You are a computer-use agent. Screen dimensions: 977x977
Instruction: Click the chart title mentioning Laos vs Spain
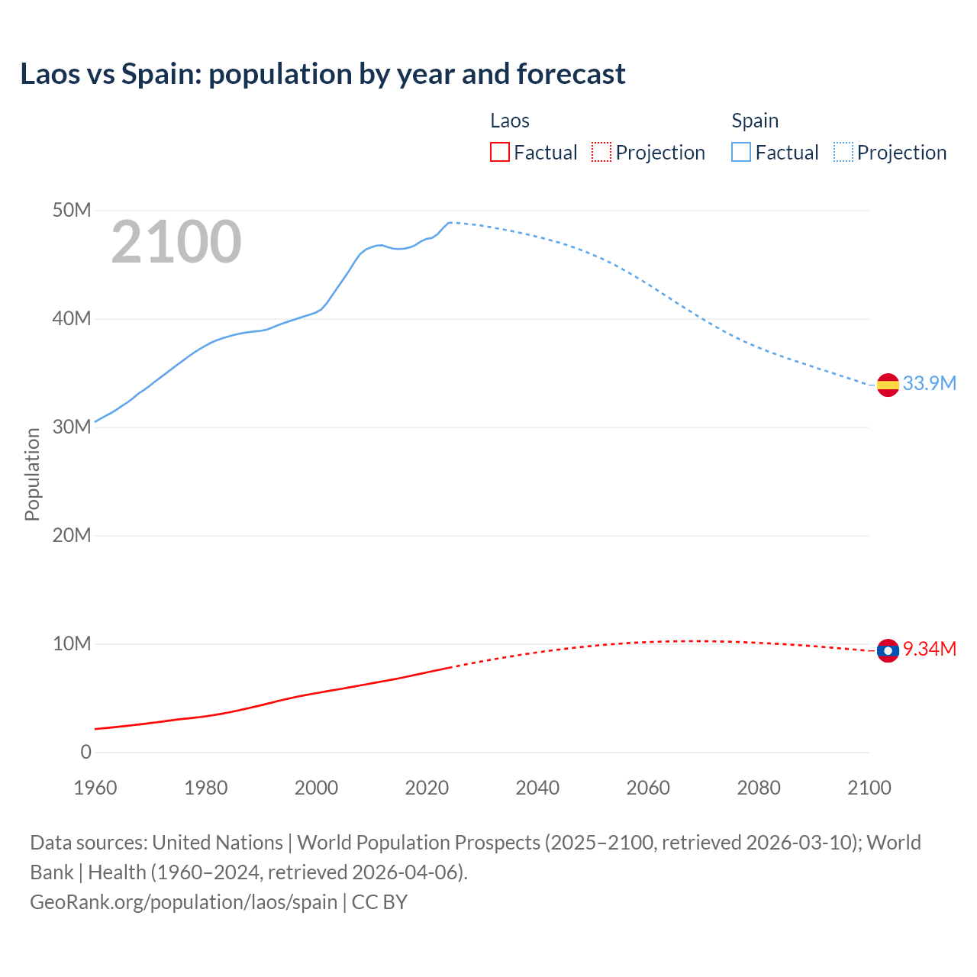click(x=322, y=74)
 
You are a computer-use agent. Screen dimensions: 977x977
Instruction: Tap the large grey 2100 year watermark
click(x=176, y=242)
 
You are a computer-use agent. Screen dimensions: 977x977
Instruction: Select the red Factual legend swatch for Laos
click(x=499, y=153)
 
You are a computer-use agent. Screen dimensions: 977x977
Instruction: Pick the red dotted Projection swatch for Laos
click(x=601, y=153)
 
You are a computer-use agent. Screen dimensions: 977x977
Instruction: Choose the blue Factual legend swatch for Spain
click(x=741, y=153)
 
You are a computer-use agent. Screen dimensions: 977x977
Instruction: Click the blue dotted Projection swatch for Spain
click(x=843, y=153)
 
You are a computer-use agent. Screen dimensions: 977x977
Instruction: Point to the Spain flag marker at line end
click(x=888, y=385)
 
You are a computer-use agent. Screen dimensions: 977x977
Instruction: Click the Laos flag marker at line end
click(x=888, y=650)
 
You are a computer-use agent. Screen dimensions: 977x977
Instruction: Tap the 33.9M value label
click(x=929, y=383)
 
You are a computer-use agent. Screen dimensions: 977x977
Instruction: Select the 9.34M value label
click(x=929, y=649)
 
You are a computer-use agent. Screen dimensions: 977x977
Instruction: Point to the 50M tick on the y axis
click(x=72, y=210)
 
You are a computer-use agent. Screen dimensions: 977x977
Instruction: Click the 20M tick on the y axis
click(x=72, y=535)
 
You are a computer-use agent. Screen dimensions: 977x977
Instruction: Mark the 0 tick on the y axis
click(x=85, y=752)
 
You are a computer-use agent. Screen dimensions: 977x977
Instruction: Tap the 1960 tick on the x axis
click(x=95, y=788)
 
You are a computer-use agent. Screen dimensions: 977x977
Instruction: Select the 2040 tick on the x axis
click(x=537, y=788)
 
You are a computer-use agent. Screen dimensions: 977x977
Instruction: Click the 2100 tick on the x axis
click(x=869, y=788)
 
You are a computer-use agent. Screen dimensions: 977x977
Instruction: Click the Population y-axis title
click(x=32, y=474)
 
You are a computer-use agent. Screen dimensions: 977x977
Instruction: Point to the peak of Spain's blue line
click(x=450, y=222)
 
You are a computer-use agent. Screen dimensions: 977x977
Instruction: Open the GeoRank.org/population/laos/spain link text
click(x=183, y=901)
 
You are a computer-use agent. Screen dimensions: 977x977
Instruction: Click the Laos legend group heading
click(x=509, y=121)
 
